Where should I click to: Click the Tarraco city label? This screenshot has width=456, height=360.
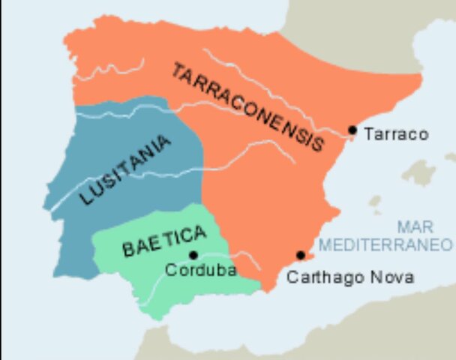(396, 134)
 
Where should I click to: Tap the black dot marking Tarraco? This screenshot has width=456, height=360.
(352, 130)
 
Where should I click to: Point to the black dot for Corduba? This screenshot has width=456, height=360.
(193, 255)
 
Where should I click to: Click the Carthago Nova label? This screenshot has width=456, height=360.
(351, 277)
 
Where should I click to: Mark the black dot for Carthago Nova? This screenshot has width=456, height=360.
(301, 255)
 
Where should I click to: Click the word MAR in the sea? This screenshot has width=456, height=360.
(416, 226)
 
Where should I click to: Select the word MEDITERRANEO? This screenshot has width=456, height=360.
(385, 244)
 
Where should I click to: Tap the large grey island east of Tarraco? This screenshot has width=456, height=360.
(419, 172)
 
